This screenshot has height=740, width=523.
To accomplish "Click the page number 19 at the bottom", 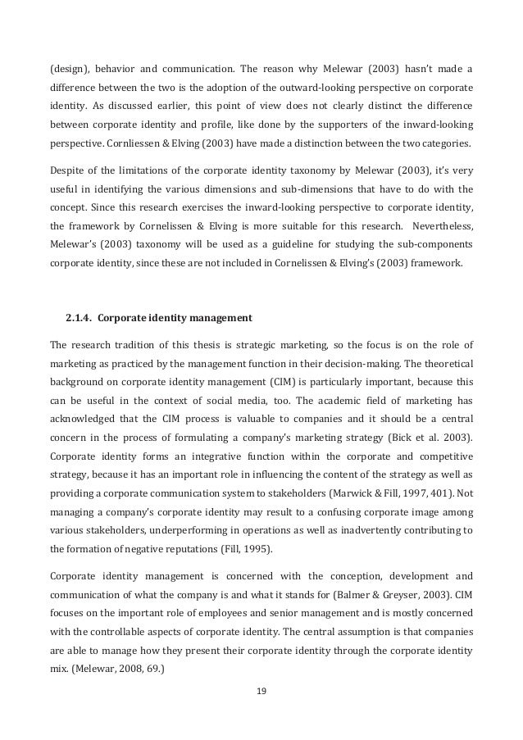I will (x=262, y=689).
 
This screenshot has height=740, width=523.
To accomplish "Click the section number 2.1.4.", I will (x=82, y=317).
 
